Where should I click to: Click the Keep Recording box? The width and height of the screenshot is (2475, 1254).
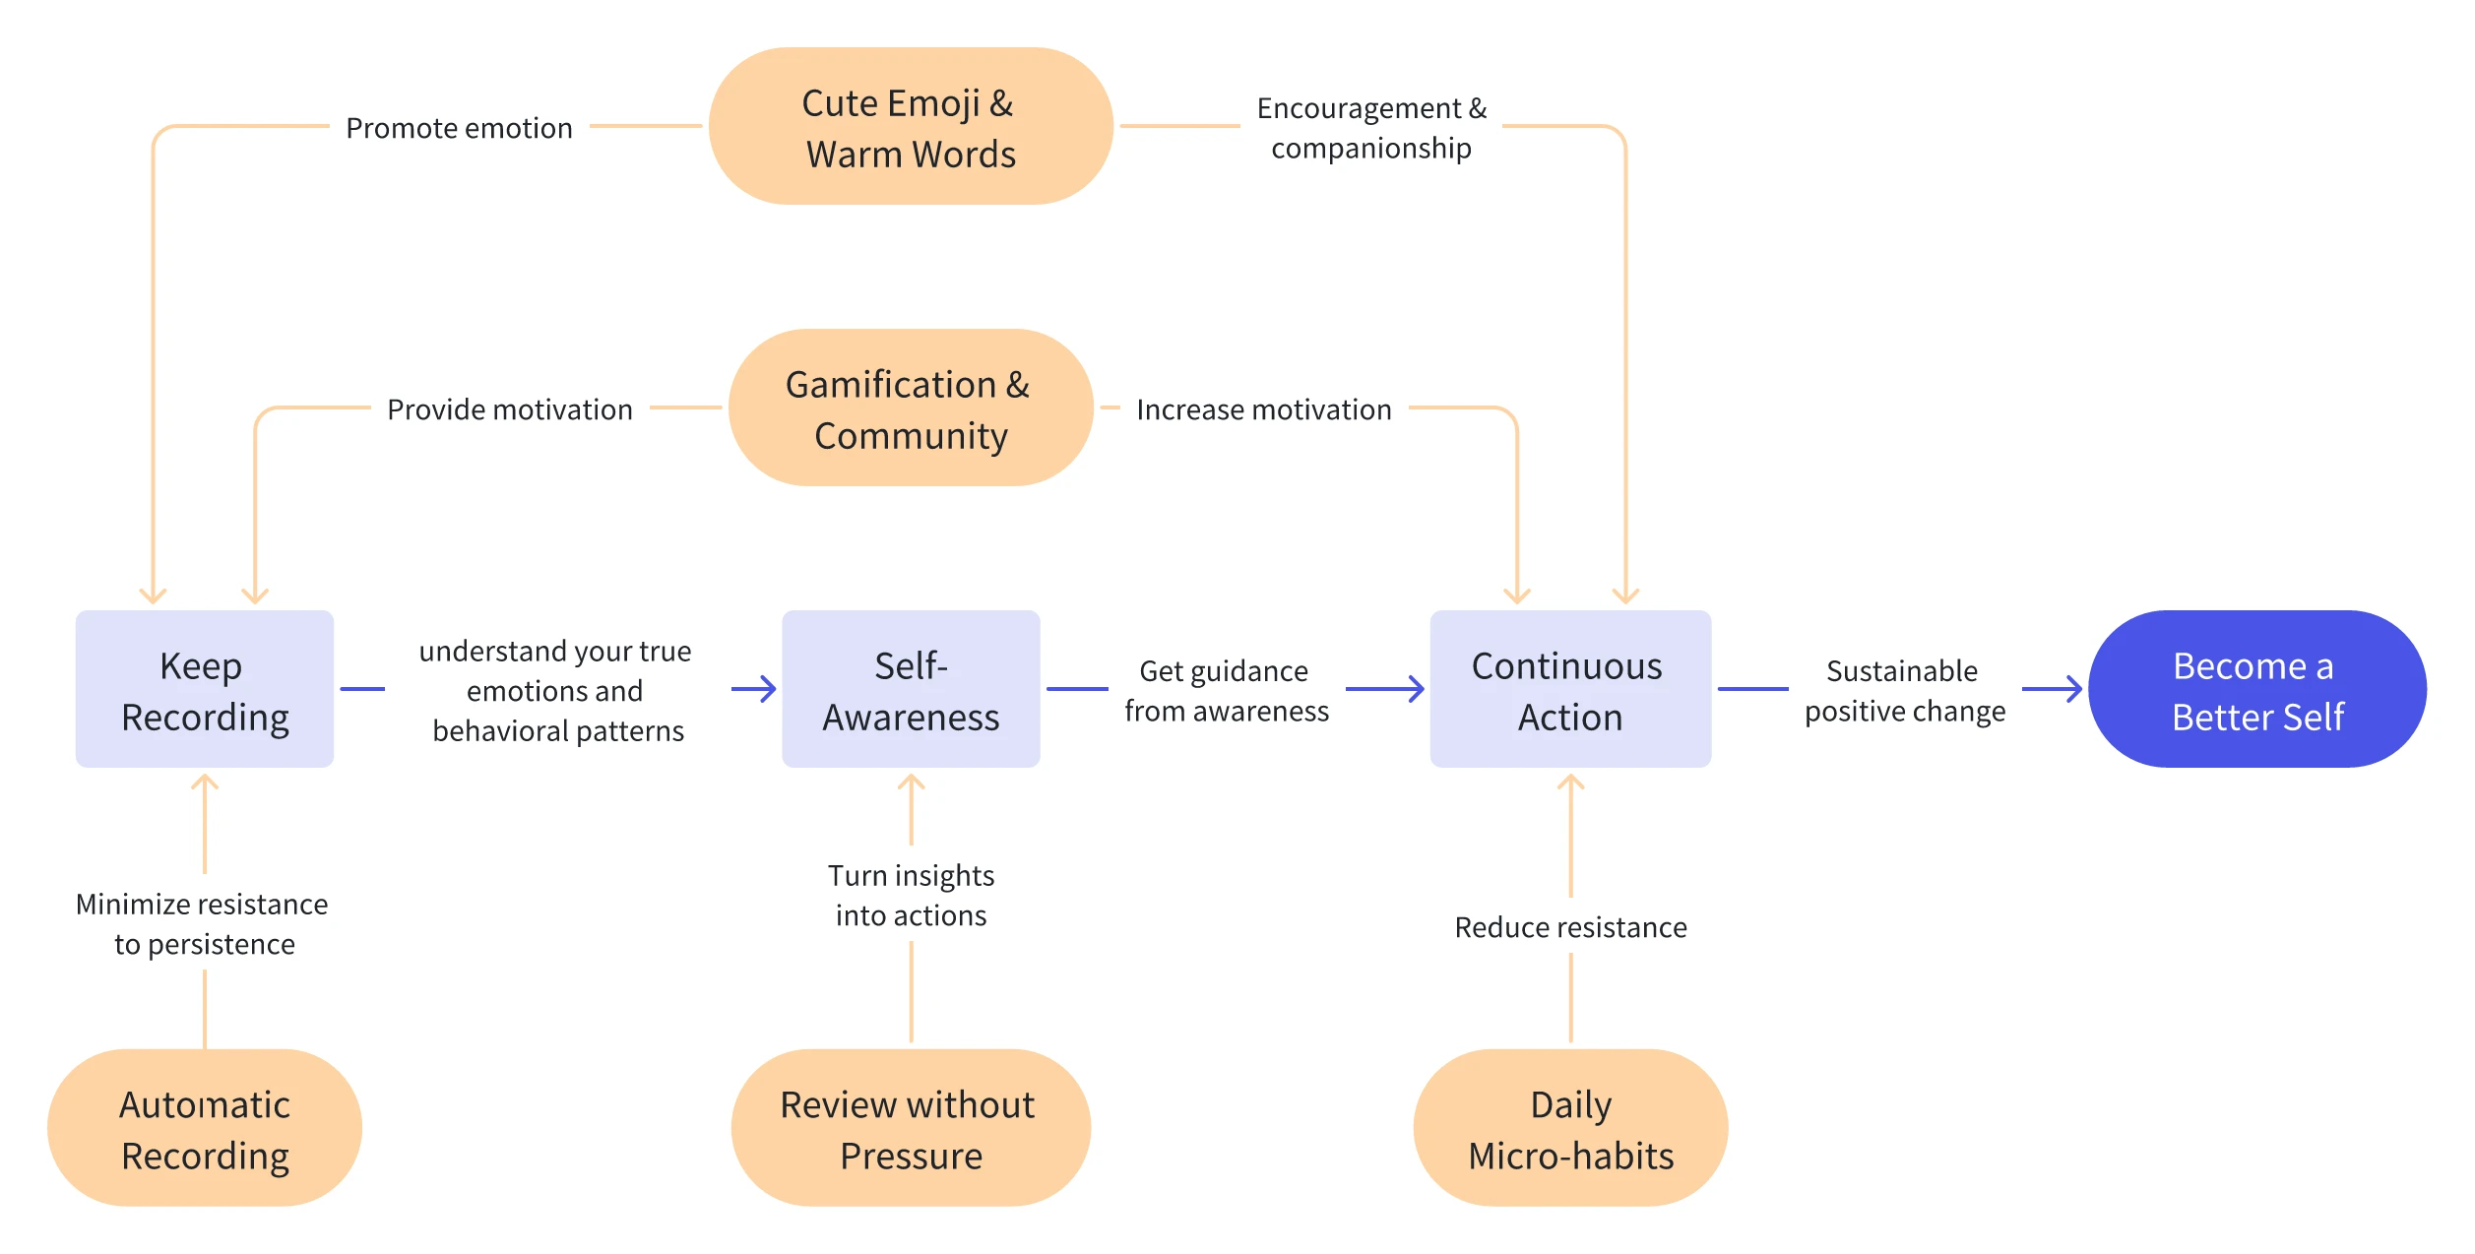tap(205, 689)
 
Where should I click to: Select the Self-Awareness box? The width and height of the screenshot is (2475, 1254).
tap(911, 689)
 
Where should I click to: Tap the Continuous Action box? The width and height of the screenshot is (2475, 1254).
tap(1570, 689)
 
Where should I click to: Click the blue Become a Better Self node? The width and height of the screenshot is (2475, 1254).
tap(2256, 689)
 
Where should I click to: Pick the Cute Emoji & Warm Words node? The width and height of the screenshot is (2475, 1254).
tap(911, 126)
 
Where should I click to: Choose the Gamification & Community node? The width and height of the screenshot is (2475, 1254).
tap(911, 408)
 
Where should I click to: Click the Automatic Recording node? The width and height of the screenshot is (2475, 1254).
tap(205, 1128)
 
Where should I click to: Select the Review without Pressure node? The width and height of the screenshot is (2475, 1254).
tap(911, 1128)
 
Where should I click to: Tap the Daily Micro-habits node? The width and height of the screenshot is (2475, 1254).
tap(1570, 1128)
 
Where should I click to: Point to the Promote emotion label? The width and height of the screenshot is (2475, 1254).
tap(459, 128)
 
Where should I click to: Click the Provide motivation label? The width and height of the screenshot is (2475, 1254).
tap(509, 409)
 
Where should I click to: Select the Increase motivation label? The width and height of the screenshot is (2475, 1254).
tap(1263, 409)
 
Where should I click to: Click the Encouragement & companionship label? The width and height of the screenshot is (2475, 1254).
tap(1370, 128)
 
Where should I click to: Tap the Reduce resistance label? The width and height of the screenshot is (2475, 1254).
tap(1570, 927)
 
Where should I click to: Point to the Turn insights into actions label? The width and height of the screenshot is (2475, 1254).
tap(911, 895)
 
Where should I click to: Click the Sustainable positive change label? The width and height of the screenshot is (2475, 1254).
tap(1904, 690)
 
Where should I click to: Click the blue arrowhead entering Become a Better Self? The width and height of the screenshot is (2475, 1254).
tap(2072, 689)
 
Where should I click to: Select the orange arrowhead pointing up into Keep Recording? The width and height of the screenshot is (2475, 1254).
tap(205, 784)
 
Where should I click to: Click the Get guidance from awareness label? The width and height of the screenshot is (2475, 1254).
tap(1226, 690)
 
